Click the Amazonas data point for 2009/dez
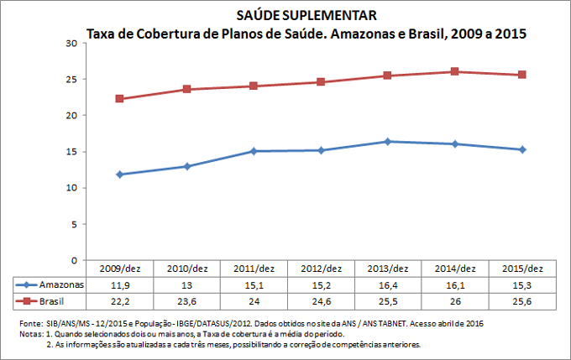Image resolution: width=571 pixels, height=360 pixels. (x=120, y=175)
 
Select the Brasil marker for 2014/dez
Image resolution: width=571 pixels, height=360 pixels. (x=454, y=71)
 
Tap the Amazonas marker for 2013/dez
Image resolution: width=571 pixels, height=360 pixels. (x=387, y=141)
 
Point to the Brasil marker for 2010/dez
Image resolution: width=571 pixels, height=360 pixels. (x=186, y=89)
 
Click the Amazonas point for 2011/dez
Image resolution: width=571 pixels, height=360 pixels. (x=254, y=151)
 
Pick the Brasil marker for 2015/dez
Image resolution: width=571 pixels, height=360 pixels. (x=521, y=75)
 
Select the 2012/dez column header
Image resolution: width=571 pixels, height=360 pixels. (x=321, y=269)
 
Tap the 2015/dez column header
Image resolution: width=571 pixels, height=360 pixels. (x=521, y=269)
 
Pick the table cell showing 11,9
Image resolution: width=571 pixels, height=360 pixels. (x=120, y=284)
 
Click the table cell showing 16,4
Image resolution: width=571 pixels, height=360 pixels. (x=387, y=284)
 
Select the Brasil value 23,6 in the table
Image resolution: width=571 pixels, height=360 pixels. (x=186, y=300)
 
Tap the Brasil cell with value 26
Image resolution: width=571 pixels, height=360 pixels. (x=454, y=300)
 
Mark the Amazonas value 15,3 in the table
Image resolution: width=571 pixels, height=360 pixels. (x=521, y=284)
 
